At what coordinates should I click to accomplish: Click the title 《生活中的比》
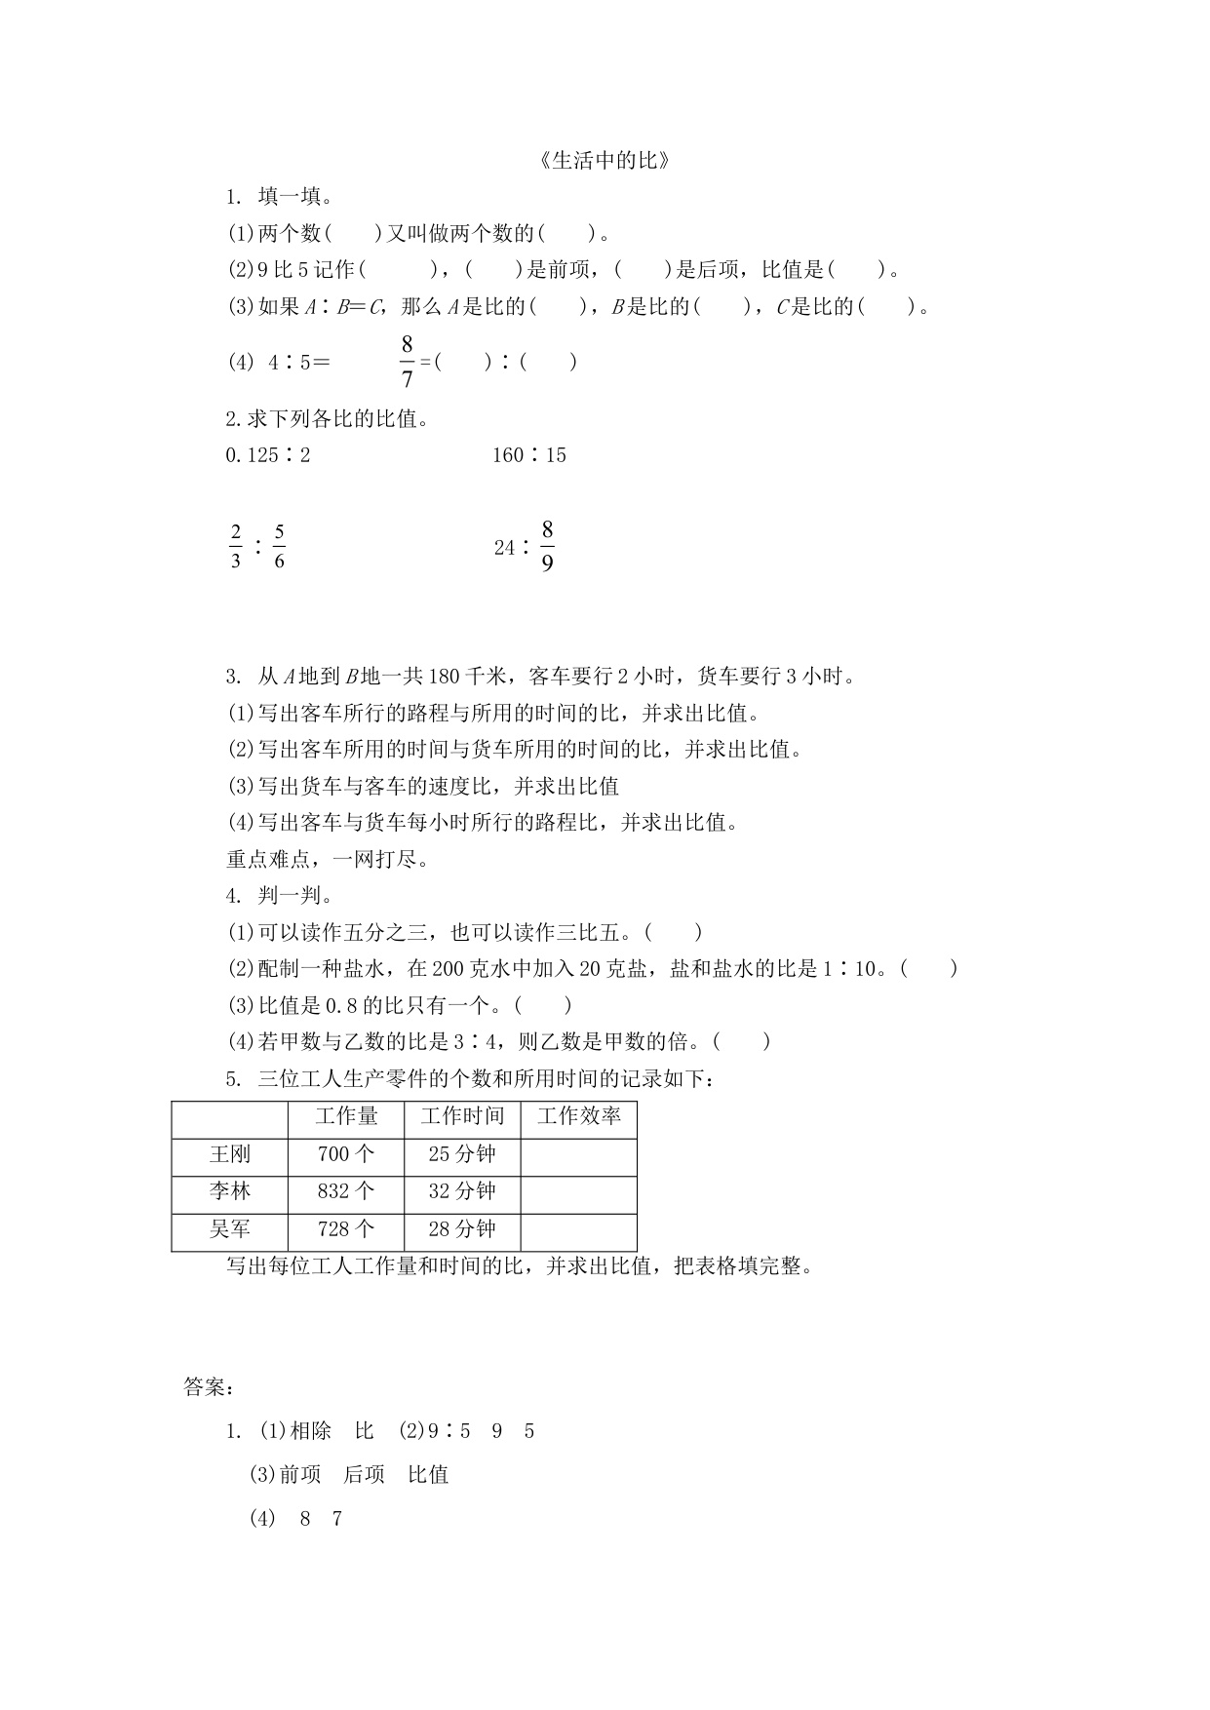tap(605, 161)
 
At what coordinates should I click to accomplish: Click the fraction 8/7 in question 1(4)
tap(407, 362)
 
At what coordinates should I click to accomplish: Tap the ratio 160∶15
tap(529, 455)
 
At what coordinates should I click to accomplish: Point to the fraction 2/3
tap(235, 546)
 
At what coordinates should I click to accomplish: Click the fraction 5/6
tap(279, 546)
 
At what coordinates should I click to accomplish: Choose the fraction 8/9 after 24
tap(547, 546)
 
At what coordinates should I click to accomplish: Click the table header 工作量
tap(346, 1116)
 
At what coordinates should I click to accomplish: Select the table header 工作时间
tap(462, 1116)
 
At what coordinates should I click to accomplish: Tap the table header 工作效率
tap(578, 1116)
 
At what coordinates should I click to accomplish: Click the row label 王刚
tap(230, 1154)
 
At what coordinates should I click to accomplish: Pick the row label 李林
tap(230, 1191)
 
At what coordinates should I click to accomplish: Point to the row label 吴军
tap(230, 1229)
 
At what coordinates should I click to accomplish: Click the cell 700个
tap(346, 1154)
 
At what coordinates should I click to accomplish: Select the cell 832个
tap(346, 1191)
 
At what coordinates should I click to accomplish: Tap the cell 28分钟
tap(462, 1229)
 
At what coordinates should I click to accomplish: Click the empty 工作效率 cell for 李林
tap(578, 1191)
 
